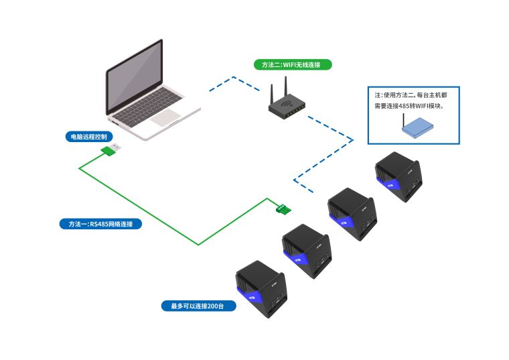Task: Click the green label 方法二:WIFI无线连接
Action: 292,65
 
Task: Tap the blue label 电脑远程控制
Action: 88,136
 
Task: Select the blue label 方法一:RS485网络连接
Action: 100,223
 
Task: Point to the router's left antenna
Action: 273,94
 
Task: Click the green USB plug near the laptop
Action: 111,149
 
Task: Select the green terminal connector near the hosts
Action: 283,209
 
